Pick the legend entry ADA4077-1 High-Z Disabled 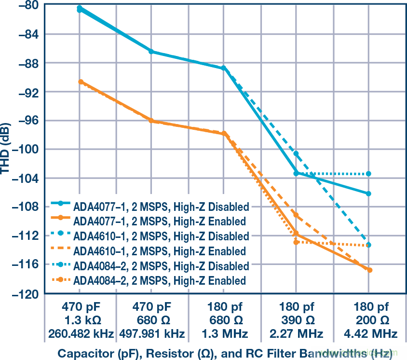click(x=162, y=207)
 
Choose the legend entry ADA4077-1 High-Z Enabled click(x=160, y=222)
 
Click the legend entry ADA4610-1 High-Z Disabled click(x=162, y=236)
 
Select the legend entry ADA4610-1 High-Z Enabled click(x=160, y=251)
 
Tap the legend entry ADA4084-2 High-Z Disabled click(x=162, y=266)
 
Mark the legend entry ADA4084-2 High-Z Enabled click(x=160, y=280)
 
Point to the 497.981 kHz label click(x=151, y=333)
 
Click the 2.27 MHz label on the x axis click(x=296, y=333)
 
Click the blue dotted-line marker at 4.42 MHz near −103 click(x=369, y=174)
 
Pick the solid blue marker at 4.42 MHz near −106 click(x=369, y=194)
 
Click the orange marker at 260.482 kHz click(x=81, y=82)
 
